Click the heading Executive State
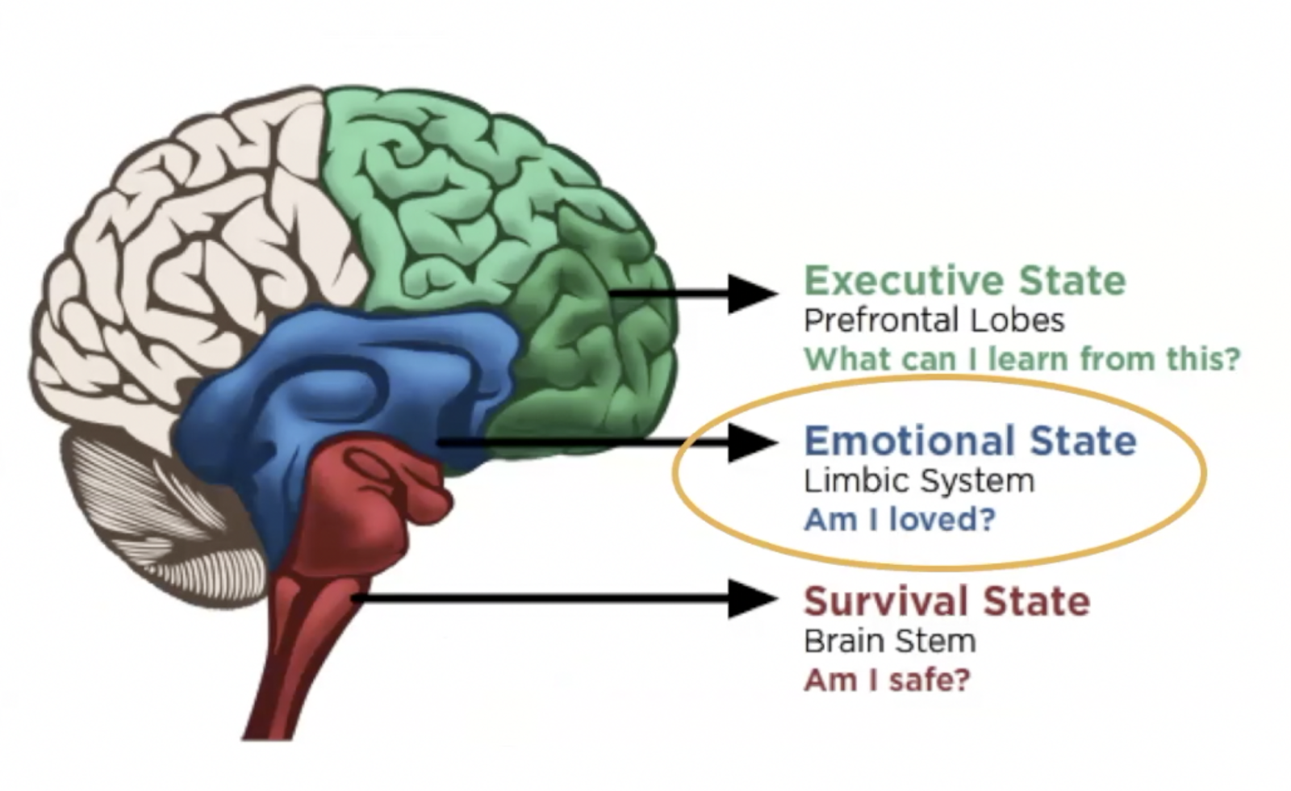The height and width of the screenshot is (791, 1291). coord(964,281)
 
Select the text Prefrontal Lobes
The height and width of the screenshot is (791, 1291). coord(934,320)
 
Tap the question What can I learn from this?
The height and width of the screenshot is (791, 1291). coord(1022,359)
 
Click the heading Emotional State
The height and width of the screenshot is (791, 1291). coord(970,442)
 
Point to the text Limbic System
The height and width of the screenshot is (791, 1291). coord(919,481)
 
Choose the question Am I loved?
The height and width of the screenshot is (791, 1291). coord(900,519)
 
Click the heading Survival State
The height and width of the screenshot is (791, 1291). coord(946,602)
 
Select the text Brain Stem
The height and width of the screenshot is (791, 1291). coord(889,642)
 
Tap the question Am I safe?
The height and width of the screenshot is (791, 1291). coord(887,680)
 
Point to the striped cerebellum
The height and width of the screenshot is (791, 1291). coord(161,517)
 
